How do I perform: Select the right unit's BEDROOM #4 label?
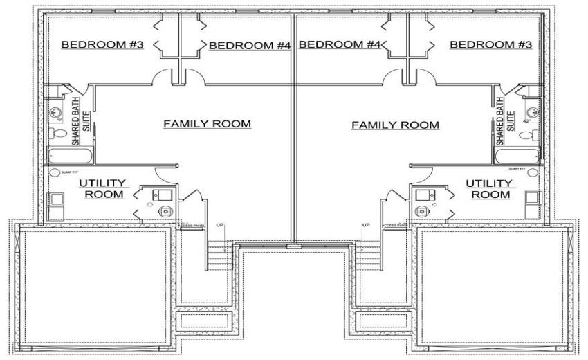tap(340, 45)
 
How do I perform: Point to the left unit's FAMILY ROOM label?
tap(206, 124)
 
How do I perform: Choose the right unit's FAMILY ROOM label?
tap(395, 125)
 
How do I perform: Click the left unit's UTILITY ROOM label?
tap(102, 188)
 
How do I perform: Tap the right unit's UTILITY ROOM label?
tap(489, 188)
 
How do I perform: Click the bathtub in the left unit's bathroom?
tap(66, 154)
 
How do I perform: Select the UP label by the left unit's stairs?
tap(220, 226)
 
